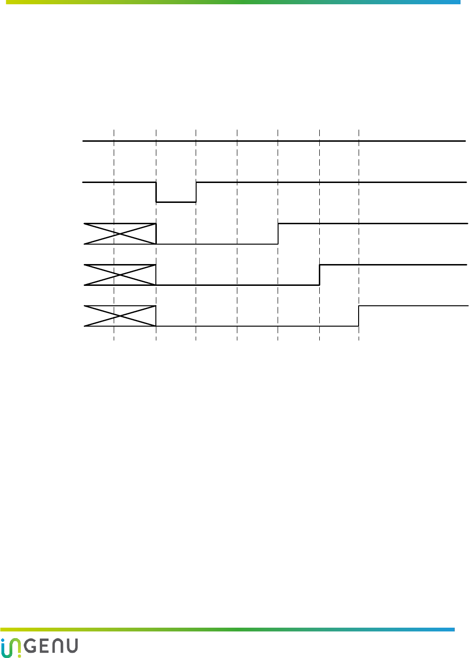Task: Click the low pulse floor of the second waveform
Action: click(176, 202)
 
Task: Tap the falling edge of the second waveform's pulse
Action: click(156, 192)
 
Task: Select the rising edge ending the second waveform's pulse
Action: click(196, 192)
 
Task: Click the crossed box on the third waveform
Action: click(120, 233)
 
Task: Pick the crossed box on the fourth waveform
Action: click(120, 275)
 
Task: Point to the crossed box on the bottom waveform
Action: click(120, 316)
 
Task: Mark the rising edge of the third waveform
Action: click(278, 234)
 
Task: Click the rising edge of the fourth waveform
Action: click(320, 275)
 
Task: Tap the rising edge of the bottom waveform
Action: click(359, 316)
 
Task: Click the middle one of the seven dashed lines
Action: click(237, 161)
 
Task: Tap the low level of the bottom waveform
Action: click(256, 326)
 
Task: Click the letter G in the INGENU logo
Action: click(29, 647)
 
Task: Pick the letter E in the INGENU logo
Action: click(43, 647)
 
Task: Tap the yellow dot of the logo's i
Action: click(19, 656)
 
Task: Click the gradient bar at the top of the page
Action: click(232, 2)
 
